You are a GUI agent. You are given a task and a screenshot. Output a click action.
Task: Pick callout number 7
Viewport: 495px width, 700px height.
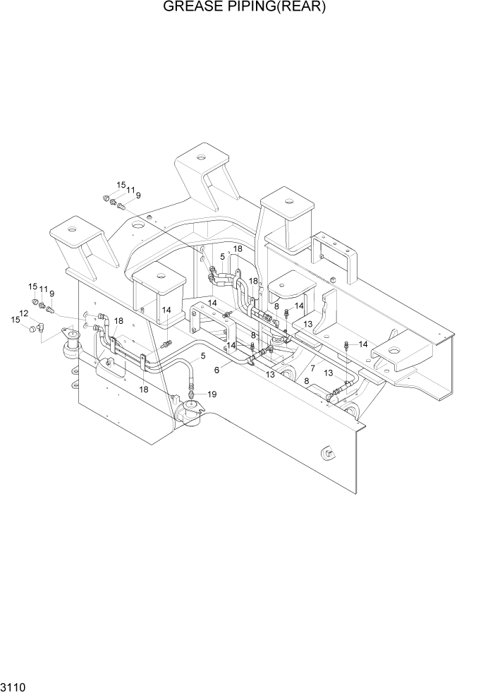[x=310, y=368]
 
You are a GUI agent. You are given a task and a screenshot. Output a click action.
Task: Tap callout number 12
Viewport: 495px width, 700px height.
[x=23, y=313]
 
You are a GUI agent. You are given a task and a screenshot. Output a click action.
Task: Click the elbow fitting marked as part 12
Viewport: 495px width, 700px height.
[x=42, y=327]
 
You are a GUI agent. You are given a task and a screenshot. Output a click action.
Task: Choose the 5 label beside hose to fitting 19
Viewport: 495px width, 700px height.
[x=203, y=356]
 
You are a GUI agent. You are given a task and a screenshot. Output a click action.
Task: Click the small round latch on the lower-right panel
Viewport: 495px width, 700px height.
[x=326, y=454]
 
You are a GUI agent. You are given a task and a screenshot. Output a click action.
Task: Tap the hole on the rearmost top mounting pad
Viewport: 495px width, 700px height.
[x=202, y=157]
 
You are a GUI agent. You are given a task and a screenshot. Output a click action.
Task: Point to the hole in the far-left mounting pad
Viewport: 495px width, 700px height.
[x=72, y=227]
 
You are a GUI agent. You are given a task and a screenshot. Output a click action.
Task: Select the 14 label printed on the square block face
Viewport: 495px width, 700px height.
[x=167, y=309]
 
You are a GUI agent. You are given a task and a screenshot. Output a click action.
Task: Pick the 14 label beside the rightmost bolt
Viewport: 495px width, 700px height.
[x=363, y=344]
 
